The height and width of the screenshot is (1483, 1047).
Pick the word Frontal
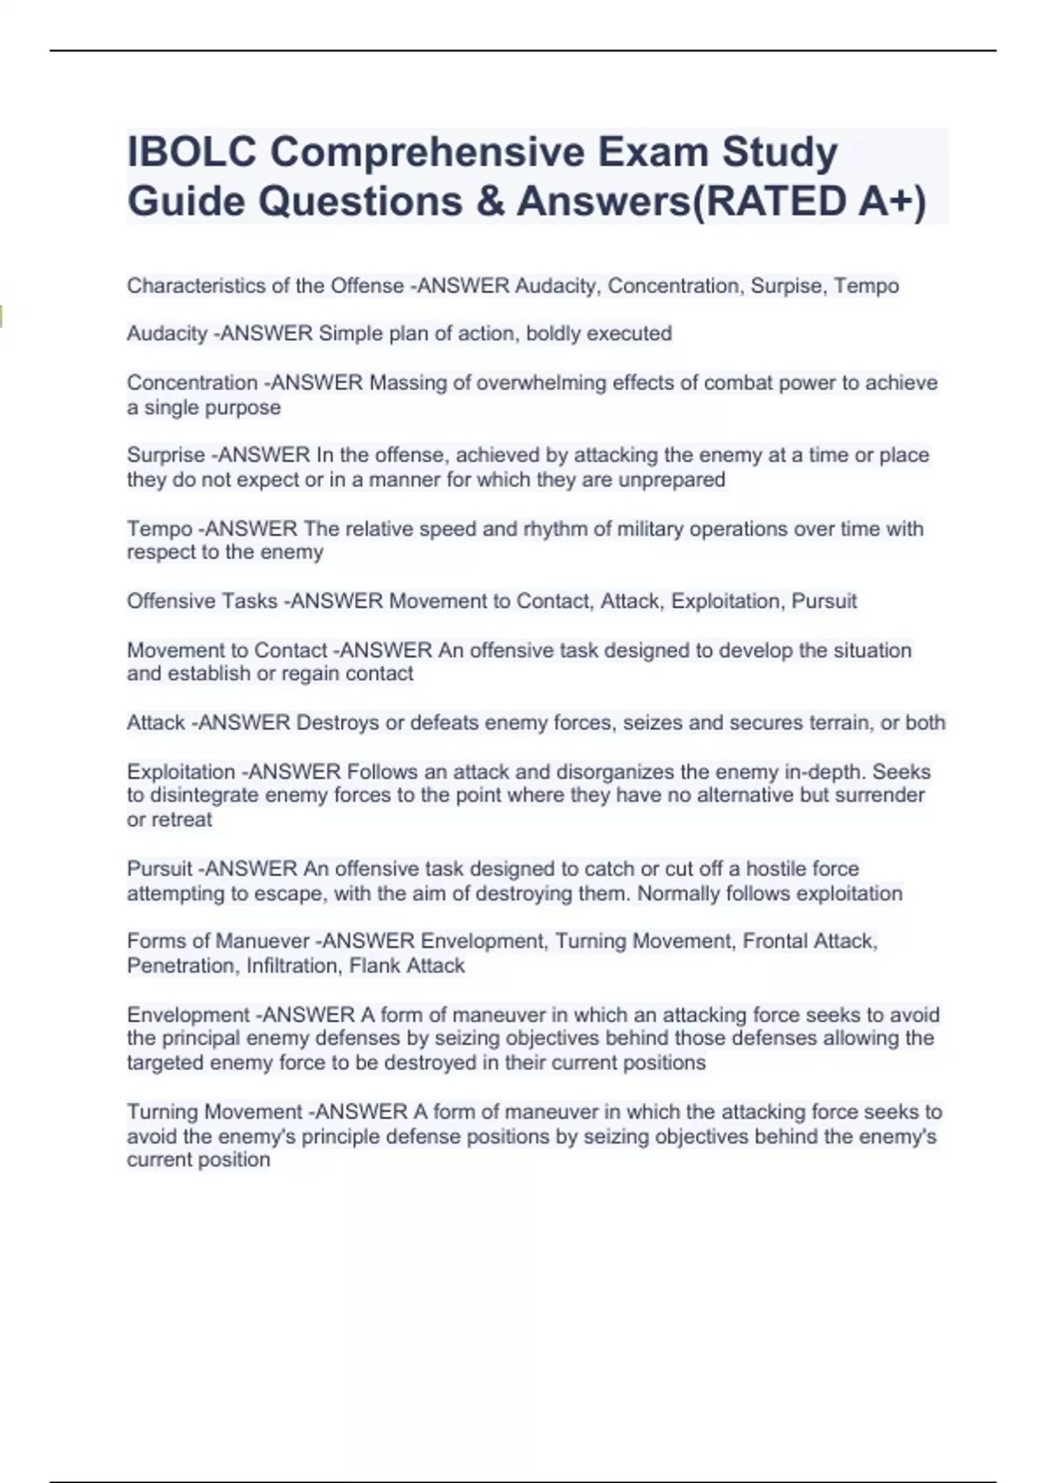coord(775,941)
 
